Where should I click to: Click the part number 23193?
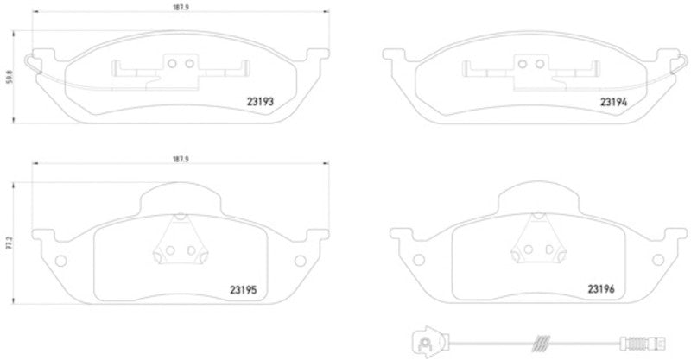262,102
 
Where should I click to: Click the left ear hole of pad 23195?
60,261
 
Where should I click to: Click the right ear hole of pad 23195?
300,261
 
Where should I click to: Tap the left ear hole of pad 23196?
418,261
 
